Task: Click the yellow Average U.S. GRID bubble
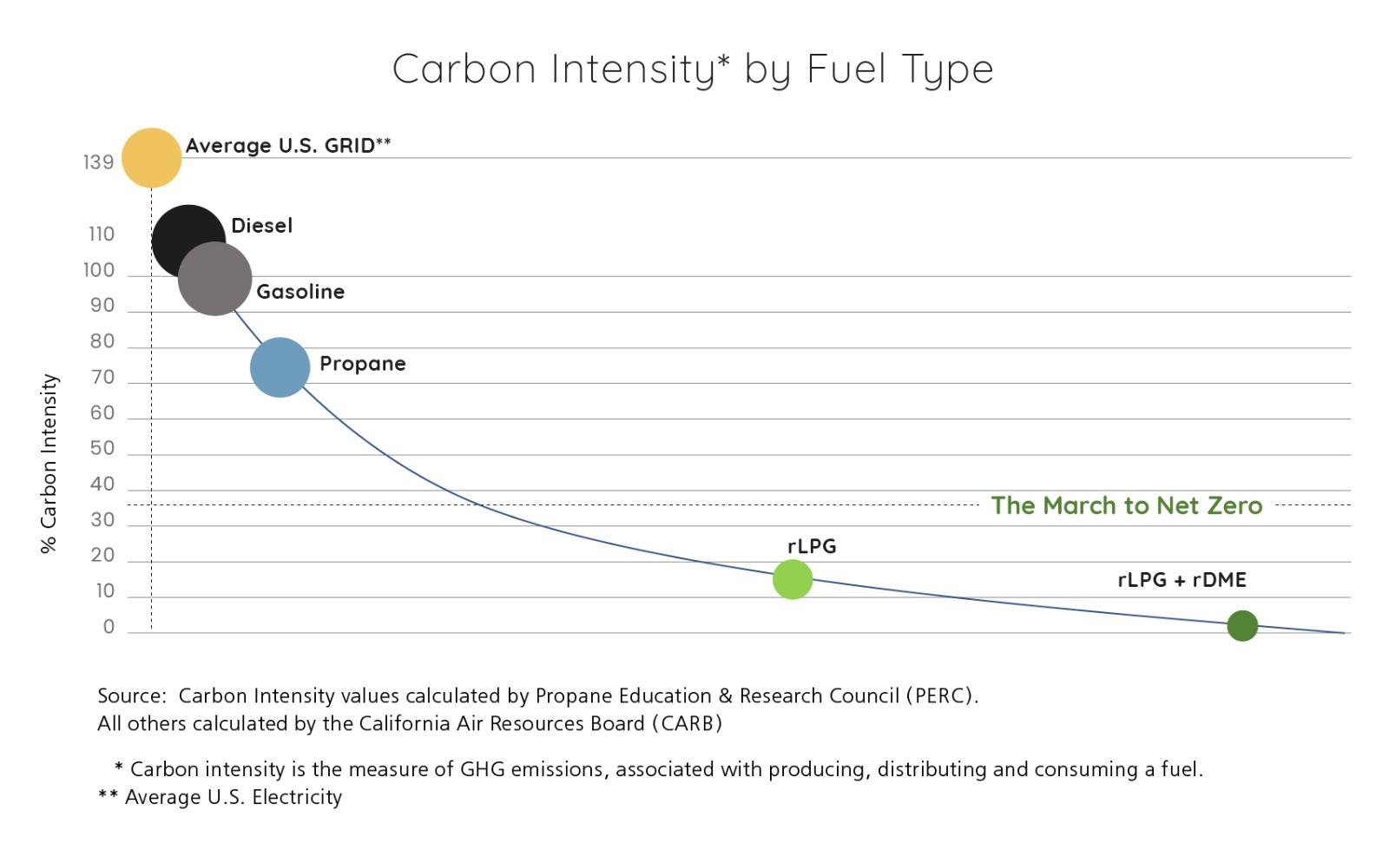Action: [151, 158]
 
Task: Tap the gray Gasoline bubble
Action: [215, 279]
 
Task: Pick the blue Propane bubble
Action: [280, 367]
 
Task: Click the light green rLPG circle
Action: [793, 579]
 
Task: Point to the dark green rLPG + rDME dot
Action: [1242, 625]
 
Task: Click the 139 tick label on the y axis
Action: [99, 162]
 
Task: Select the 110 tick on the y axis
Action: [101, 234]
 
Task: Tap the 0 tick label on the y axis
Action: [109, 627]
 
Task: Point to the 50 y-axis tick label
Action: [102, 448]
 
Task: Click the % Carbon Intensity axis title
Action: [49, 464]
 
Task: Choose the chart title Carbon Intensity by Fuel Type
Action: [692, 69]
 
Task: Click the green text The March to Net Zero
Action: [1127, 505]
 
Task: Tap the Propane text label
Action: [362, 364]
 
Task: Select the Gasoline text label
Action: [300, 292]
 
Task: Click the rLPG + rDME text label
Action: [1182, 580]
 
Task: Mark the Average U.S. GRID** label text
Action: [288, 146]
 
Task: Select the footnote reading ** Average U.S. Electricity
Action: [221, 797]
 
